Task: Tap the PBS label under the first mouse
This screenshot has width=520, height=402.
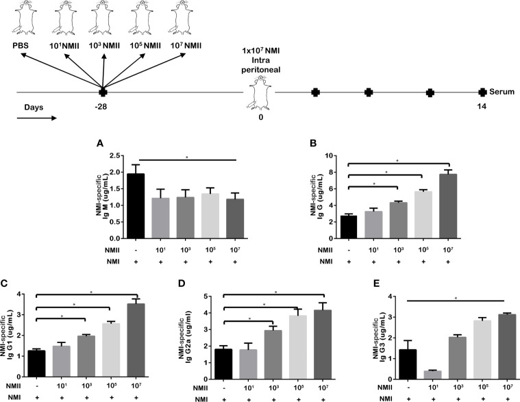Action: (21, 47)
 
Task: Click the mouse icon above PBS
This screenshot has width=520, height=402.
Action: (21, 20)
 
